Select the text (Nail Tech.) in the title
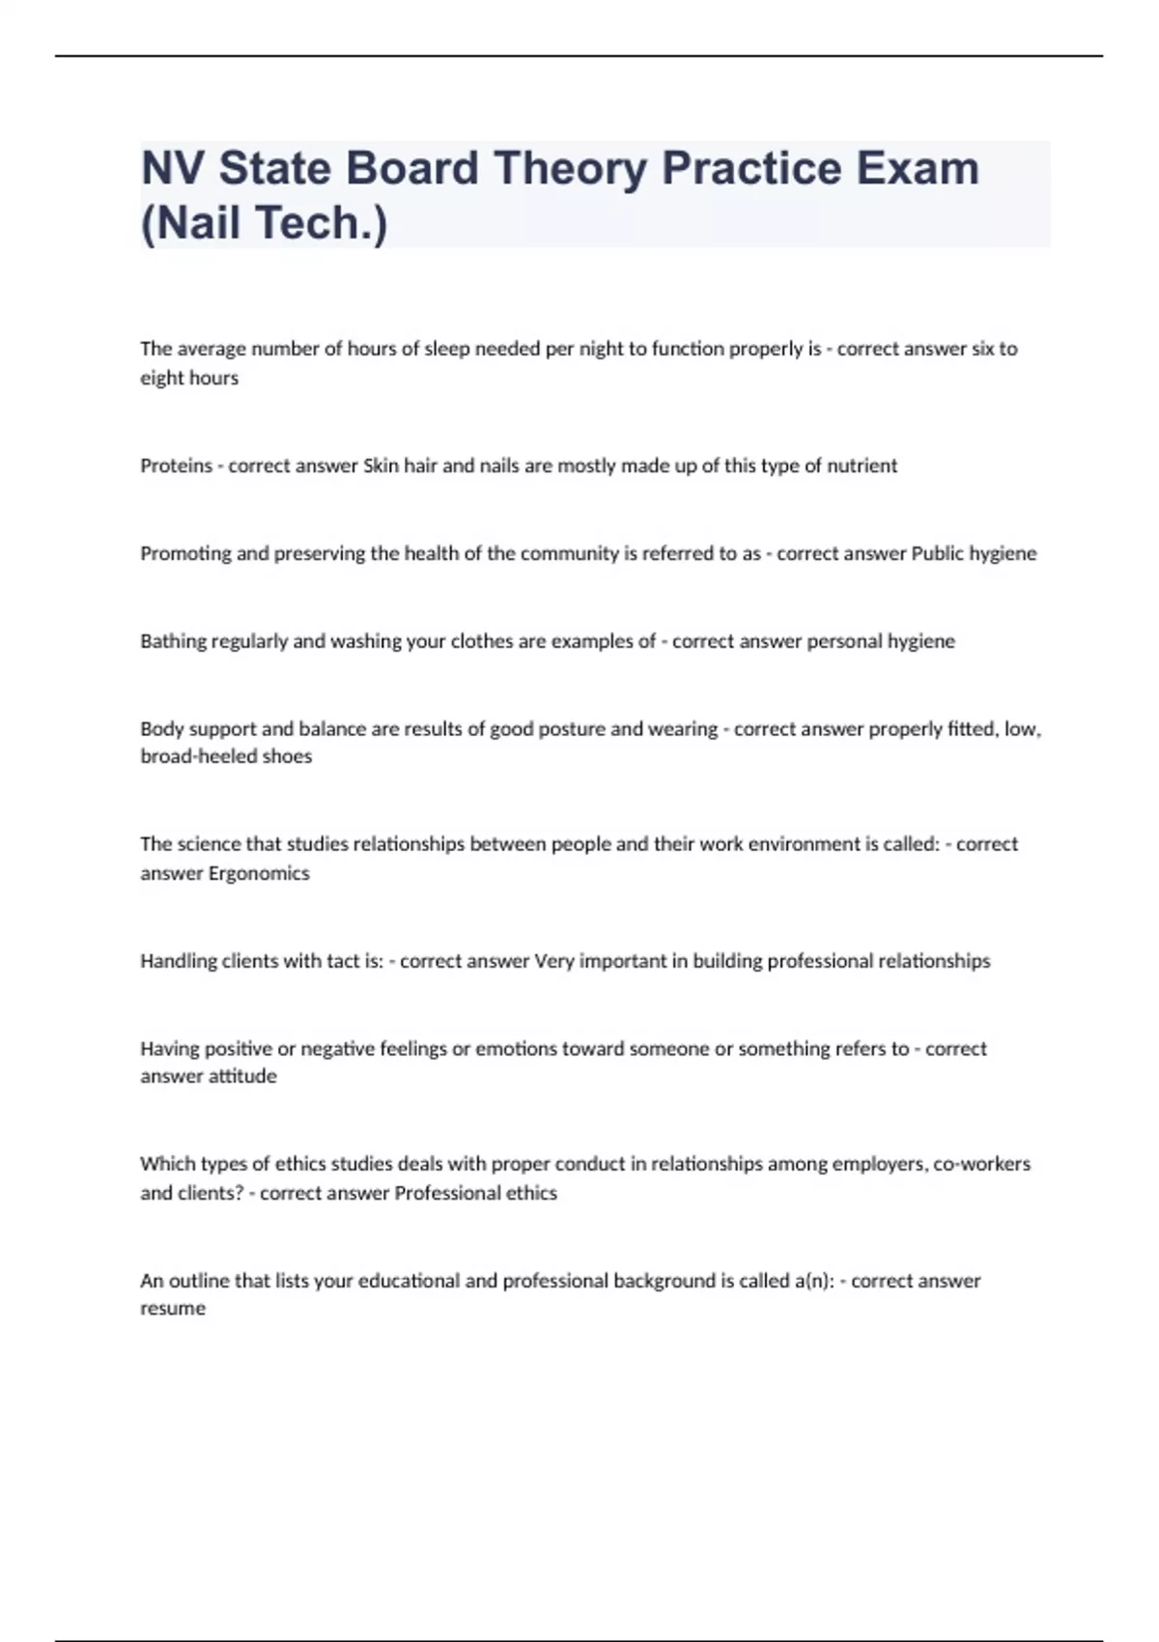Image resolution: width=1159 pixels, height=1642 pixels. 264,222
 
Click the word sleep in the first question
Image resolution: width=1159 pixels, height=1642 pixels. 446,349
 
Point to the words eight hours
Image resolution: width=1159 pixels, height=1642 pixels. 189,378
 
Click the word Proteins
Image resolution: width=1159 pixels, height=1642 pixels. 176,466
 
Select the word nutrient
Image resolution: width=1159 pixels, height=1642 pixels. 862,466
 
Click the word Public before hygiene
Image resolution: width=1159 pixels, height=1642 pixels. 937,553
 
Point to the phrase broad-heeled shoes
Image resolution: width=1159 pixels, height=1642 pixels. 226,756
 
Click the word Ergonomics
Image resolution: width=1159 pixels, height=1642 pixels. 260,873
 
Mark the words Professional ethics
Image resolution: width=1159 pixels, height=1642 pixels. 476,1193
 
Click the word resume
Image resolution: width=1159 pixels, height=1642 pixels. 173,1309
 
